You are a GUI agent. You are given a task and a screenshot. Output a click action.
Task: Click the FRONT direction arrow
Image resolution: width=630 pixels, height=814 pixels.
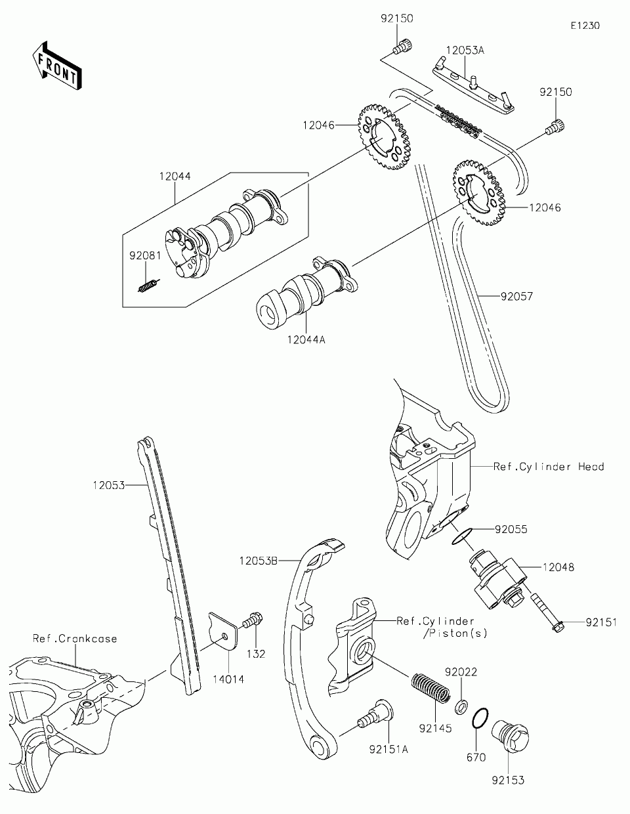(x=57, y=66)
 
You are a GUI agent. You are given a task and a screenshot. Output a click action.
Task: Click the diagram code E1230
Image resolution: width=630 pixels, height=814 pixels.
(x=585, y=26)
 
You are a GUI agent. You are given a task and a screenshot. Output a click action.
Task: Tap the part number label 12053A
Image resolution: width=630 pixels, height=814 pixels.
(x=465, y=50)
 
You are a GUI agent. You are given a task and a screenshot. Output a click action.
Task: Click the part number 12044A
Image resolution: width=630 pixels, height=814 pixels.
(x=306, y=340)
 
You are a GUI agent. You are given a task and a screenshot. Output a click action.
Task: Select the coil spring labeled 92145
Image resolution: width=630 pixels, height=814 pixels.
(x=430, y=689)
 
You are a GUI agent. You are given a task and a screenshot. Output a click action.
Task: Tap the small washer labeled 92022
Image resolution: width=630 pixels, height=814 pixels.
(x=461, y=706)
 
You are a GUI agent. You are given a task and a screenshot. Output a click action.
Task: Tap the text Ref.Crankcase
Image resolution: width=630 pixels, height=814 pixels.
(x=75, y=638)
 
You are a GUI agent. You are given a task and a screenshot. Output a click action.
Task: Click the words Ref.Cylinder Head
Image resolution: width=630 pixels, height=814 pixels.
(x=549, y=467)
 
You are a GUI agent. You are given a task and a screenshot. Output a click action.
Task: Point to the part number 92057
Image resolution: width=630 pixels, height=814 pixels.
(x=516, y=296)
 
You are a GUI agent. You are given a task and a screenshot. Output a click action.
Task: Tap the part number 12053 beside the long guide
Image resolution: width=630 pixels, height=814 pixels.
(x=109, y=486)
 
